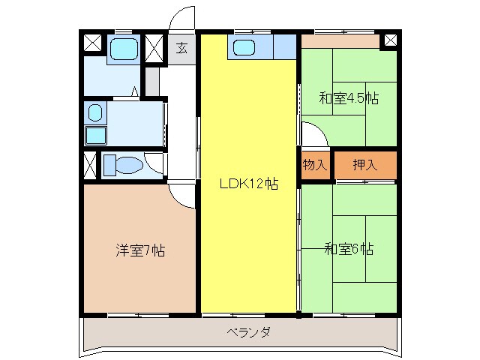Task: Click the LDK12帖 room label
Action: pos(248,184)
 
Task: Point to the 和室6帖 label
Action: pos(349,249)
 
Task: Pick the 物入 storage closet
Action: pos(315,165)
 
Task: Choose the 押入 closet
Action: pos(365,165)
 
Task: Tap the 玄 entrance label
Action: pos(181,48)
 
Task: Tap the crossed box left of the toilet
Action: pos(90,163)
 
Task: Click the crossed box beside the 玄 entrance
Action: pos(154,47)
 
